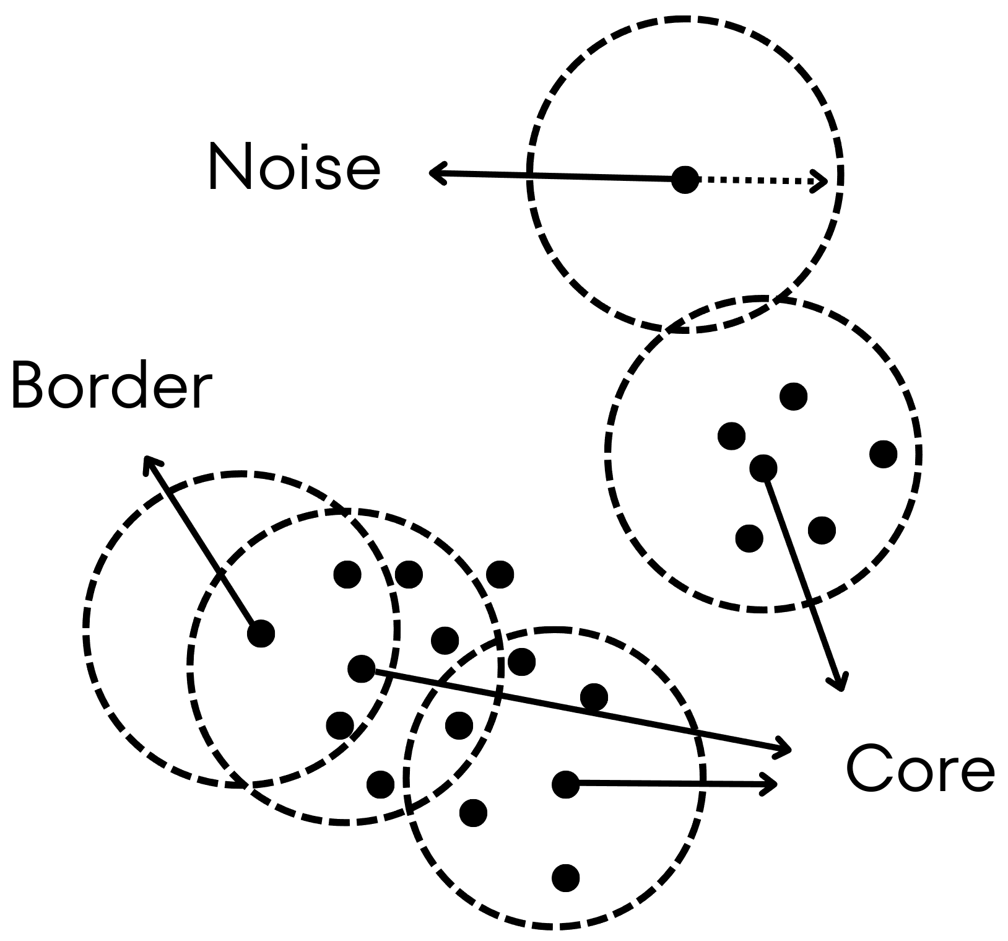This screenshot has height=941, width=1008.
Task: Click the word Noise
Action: pos(294,166)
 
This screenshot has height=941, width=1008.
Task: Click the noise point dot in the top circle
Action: pos(685,180)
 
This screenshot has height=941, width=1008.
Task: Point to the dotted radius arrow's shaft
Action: pos(755,180)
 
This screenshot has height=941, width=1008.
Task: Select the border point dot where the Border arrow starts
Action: pos(261,633)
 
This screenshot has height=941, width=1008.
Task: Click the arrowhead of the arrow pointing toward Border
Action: pos(149,462)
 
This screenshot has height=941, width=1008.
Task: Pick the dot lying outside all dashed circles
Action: pos(500,574)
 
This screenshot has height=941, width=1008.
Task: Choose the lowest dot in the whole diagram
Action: pos(565,877)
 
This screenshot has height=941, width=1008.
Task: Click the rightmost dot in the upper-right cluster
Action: pos(883,453)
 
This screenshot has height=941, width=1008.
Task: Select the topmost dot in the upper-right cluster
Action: pos(794,396)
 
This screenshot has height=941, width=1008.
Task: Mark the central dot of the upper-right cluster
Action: pos(763,467)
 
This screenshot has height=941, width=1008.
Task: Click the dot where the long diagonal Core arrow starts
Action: pos(362,668)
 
